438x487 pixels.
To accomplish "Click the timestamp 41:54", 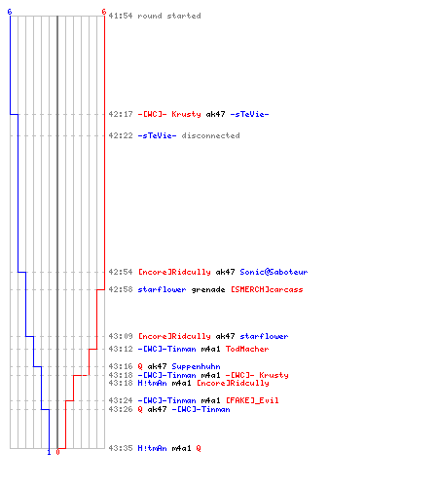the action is click(121, 16).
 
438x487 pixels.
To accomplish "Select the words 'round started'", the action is click(169, 16).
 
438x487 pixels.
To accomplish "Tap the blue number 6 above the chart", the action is click(10, 12).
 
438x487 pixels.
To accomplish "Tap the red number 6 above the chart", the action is click(103, 12).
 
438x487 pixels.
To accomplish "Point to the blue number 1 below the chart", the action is click(49, 452).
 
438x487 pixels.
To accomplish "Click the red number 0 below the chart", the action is click(57, 452).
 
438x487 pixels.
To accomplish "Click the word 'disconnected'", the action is click(210, 135).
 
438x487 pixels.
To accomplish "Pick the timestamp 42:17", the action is click(121, 114).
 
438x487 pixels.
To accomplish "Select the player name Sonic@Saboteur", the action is click(274, 272).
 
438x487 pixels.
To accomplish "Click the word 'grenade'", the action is click(208, 289).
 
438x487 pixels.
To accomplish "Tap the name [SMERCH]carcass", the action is click(267, 289).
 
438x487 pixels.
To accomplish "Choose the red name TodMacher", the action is click(247, 349).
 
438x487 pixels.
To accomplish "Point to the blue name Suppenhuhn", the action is click(196, 366).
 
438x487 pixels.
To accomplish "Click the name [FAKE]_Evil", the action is click(252, 400).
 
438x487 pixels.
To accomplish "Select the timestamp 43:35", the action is click(121, 448).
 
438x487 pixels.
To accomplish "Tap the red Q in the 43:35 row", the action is click(199, 448).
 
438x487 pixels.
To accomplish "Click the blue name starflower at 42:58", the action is click(162, 289).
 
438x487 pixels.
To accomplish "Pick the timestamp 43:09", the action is click(121, 336).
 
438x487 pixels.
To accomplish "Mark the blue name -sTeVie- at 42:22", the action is click(157, 135).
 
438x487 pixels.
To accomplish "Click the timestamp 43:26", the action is click(121, 409).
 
